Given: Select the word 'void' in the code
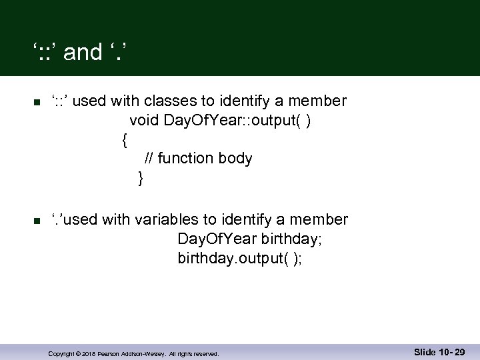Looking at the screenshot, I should click(142, 121).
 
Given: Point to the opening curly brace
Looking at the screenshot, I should click(125, 140).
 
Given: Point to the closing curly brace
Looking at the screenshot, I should click(140, 178).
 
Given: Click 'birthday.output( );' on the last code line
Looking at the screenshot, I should click(239, 258).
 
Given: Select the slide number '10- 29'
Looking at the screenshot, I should click(450, 352).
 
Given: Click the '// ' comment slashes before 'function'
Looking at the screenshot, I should click(149, 159).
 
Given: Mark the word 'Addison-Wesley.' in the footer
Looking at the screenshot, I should click(144, 354).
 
